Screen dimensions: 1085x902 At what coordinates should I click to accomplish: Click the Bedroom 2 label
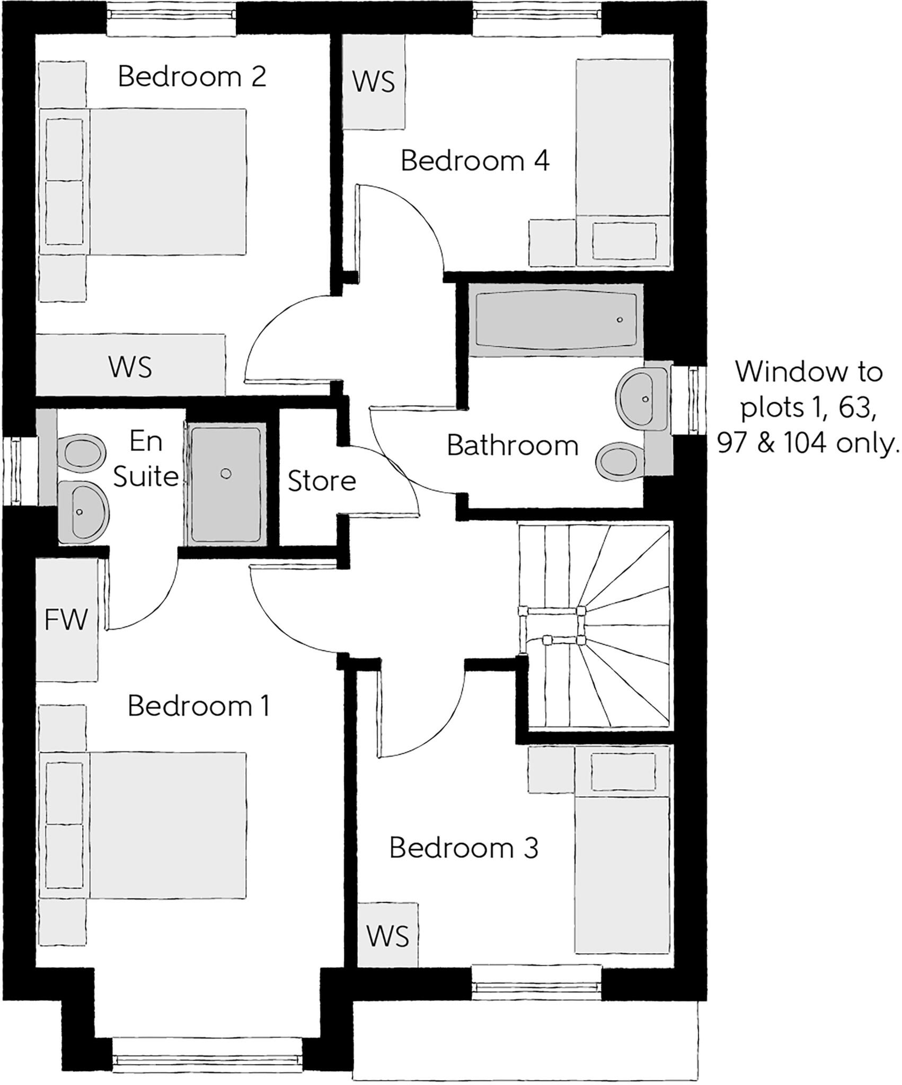point(192,77)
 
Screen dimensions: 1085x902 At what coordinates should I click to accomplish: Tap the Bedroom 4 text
point(475,161)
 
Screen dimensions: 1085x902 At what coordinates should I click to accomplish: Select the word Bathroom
point(512,446)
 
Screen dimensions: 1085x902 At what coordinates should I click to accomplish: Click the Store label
point(321,481)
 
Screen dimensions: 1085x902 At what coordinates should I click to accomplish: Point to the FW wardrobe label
point(66,620)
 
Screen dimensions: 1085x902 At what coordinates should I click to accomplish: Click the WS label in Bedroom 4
point(374,82)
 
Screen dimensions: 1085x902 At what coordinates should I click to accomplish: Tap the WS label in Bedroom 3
point(388,937)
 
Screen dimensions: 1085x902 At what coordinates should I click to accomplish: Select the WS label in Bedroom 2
point(130,367)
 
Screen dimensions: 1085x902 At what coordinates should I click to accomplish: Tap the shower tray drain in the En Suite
point(226,474)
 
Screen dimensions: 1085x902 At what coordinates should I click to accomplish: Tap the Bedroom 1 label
point(199,706)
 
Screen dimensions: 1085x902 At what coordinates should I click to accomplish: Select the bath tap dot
point(620,320)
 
